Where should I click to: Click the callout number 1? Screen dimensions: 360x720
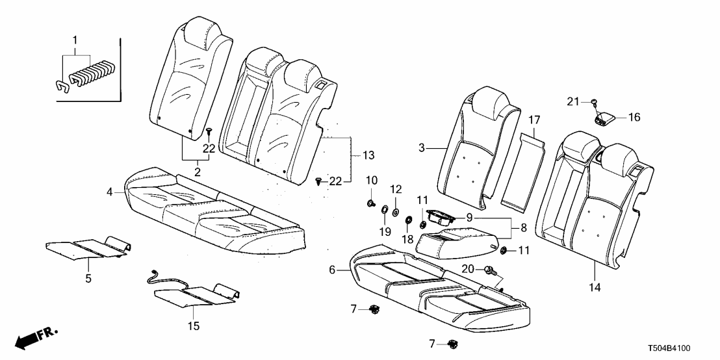point(75,40)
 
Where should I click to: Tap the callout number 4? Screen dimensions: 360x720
point(110,192)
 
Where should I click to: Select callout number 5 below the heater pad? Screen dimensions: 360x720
point(88,279)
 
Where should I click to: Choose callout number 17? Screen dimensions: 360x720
point(534,120)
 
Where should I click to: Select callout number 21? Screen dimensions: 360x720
point(572,101)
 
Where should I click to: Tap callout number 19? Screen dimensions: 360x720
point(385,231)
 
